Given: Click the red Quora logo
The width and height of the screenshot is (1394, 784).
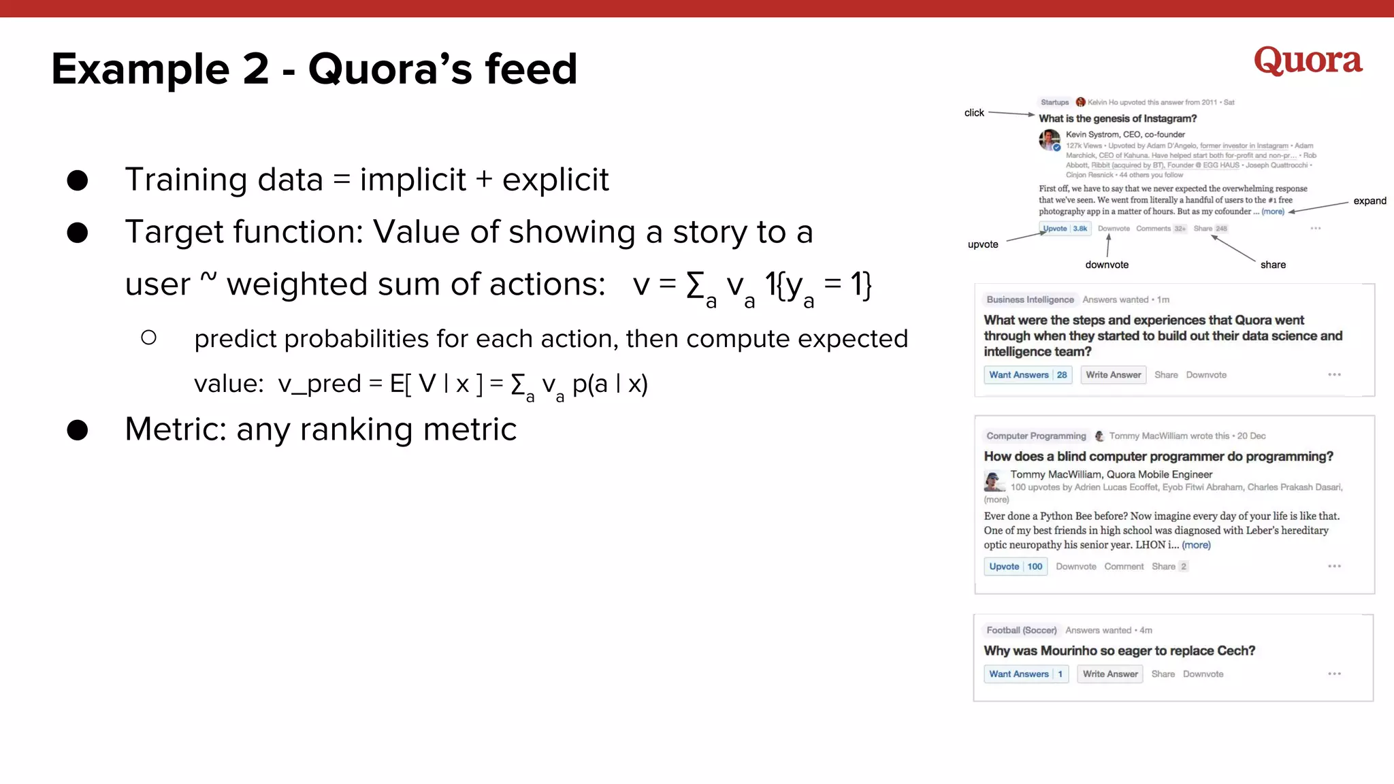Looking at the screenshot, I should (1308, 61).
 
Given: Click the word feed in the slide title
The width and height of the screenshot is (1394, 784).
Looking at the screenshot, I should (531, 69).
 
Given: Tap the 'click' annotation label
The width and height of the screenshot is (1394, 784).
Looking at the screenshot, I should (974, 113).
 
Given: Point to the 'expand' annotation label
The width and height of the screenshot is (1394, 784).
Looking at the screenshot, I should (1369, 201).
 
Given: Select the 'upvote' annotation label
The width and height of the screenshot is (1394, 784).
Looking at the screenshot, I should (983, 244).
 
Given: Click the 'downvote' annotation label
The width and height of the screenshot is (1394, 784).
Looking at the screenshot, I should (1107, 265).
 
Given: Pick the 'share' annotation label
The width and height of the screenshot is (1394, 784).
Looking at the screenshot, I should (1273, 265).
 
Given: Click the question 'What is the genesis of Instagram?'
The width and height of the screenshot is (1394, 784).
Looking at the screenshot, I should (1118, 118).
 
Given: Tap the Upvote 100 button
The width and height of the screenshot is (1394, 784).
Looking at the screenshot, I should (1016, 566).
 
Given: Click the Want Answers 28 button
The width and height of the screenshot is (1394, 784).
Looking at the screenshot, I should (1028, 375).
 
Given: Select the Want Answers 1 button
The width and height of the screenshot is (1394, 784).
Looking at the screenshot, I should (1026, 674).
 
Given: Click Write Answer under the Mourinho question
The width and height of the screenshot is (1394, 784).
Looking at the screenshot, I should (1110, 674).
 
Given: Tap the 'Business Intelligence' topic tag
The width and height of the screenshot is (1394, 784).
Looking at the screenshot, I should (1030, 299).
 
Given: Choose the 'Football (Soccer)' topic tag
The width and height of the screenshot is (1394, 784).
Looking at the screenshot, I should (1022, 630).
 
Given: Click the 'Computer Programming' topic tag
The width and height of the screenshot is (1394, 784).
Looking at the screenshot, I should (1036, 436).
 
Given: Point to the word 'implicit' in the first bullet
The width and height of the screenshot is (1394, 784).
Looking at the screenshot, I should (412, 180).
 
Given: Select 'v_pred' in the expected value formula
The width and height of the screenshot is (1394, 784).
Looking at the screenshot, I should (319, 384).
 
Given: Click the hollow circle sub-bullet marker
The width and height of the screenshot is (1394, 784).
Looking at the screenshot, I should (149, 338).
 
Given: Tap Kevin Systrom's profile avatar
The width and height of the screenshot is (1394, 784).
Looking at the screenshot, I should (1050, 140).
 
